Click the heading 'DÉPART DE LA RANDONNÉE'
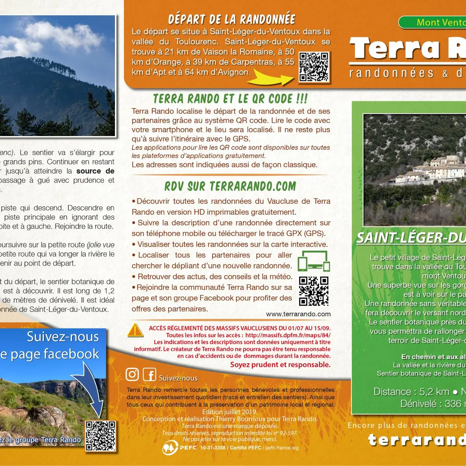coord(231,19)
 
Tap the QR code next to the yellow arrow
coord(314,67)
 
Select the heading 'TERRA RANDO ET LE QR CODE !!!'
coord(230,99)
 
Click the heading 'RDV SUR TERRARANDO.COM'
coord(230,186)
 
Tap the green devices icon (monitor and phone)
coord(314,261)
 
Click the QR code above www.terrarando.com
coord(314,291)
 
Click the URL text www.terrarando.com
coord(298,314)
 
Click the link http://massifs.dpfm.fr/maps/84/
coord(288,335)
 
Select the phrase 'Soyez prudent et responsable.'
coord(280,365)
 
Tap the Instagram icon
coord(132,374)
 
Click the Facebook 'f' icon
coord(150,374)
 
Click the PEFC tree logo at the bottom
coord(170,448)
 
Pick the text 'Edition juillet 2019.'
coord(230,412)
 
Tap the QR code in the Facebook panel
coord(101,436)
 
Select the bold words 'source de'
coord(95,171)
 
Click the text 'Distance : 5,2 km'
coord(411,392)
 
